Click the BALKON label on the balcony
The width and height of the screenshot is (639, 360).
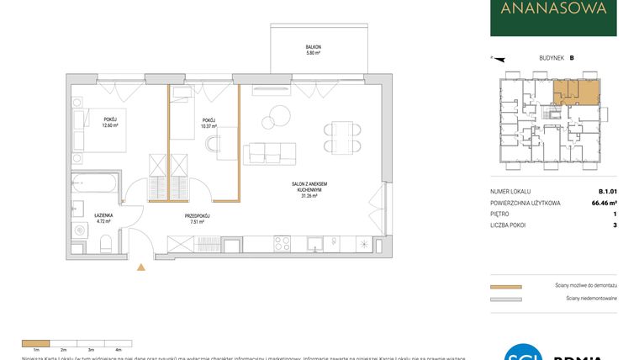[x=313, y=47]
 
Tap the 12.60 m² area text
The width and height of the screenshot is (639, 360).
[x=110, y=125]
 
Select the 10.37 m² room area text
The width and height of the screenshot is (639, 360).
[x=209, y=125]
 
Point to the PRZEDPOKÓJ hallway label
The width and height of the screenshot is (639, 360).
[x=197, y=216]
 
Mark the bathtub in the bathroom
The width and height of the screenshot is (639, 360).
[x=96, y=183]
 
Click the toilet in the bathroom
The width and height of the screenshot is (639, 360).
[x=106, y=244]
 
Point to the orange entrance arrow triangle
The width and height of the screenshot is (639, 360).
[x=140, y=269]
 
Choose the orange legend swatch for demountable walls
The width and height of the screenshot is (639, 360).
[x=505, y=286]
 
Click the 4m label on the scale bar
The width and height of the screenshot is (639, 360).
[x=119, y=348]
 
